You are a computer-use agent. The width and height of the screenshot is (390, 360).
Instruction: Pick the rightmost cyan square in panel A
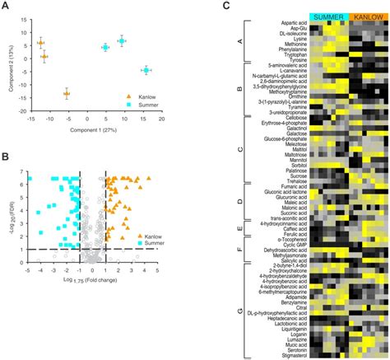coord(145,71)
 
